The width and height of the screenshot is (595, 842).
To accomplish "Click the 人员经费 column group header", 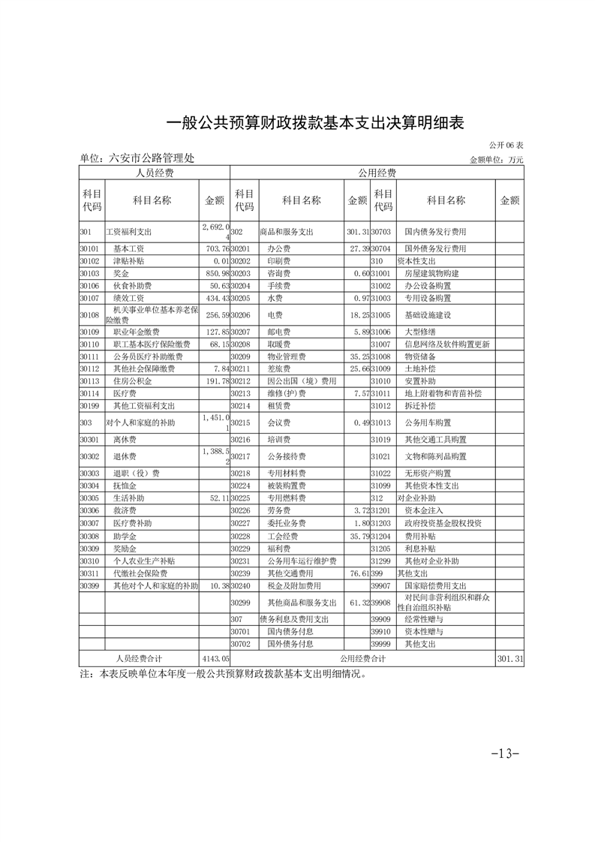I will pos(154,173).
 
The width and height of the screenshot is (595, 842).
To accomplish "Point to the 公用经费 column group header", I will pos(377,173).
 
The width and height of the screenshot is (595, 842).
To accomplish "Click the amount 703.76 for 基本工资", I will pos(214,248).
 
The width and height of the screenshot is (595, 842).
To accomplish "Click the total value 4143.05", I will pos(214,657).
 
